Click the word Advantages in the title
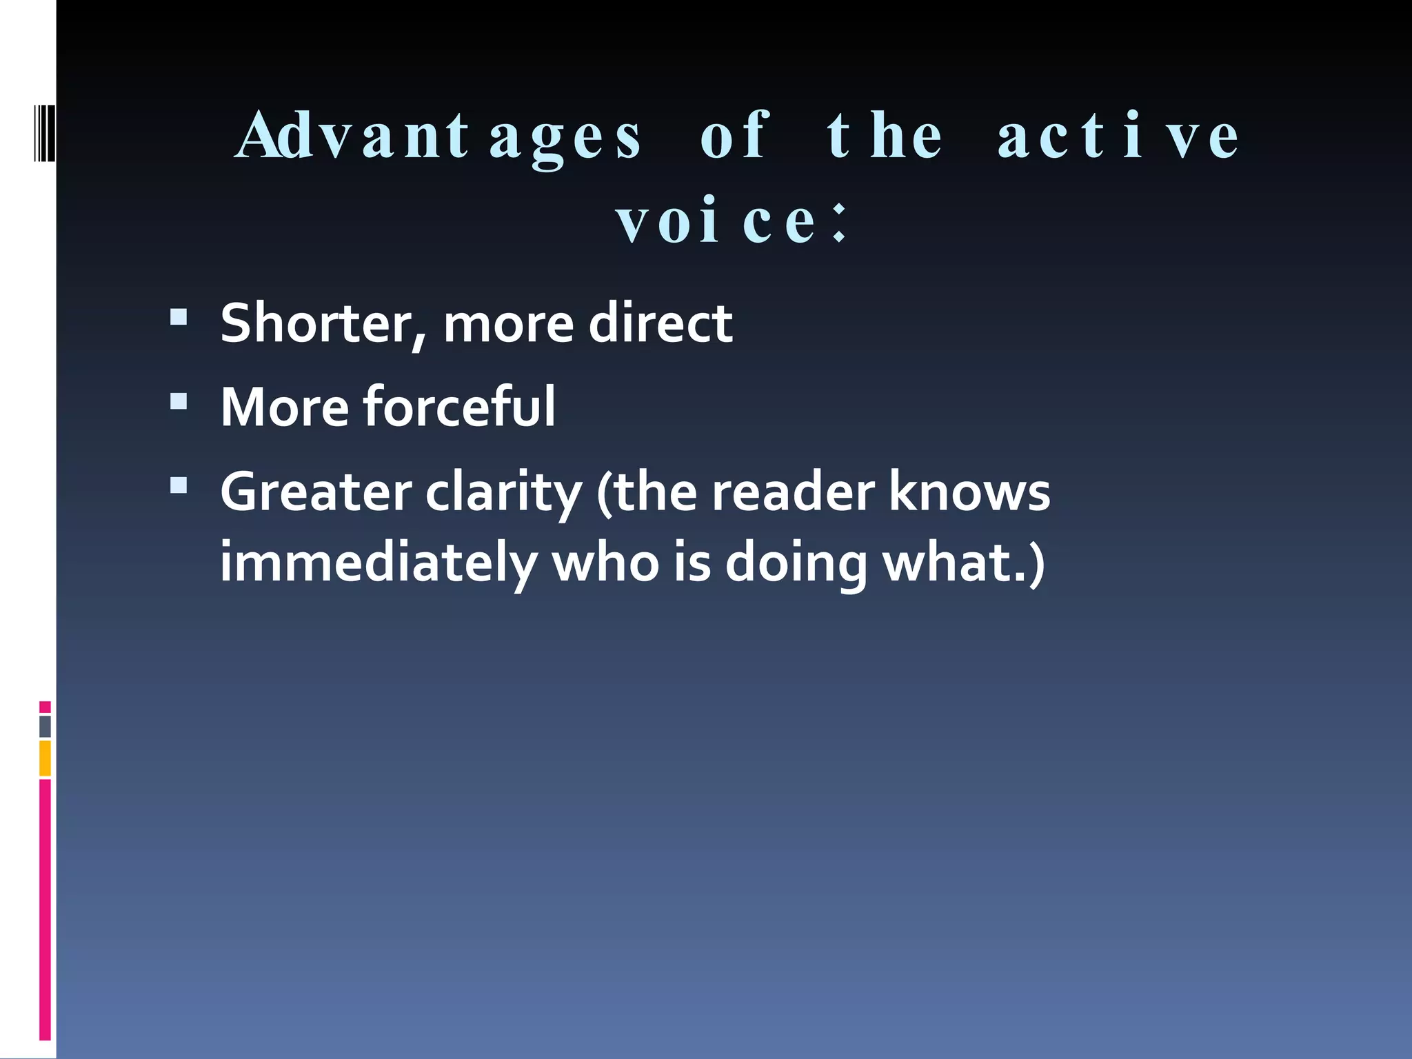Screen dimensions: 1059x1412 click(438, 137)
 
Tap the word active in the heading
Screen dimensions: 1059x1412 click(1118, 137)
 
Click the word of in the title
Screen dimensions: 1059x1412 click(734, 137)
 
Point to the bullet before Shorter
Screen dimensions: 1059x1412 click(179, 316)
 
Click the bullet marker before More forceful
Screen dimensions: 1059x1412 click(179, 401)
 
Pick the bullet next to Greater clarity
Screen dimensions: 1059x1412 click(179, 486)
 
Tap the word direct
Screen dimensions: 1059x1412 click(660, 323)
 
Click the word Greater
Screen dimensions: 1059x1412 click(316, 492)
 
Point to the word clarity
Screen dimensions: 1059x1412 click(504, 494)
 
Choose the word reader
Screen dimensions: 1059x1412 click(793, 492)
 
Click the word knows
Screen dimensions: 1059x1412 click(969, 492)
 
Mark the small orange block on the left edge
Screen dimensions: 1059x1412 click(45, 758)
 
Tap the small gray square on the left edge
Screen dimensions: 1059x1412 click(45, 726)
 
